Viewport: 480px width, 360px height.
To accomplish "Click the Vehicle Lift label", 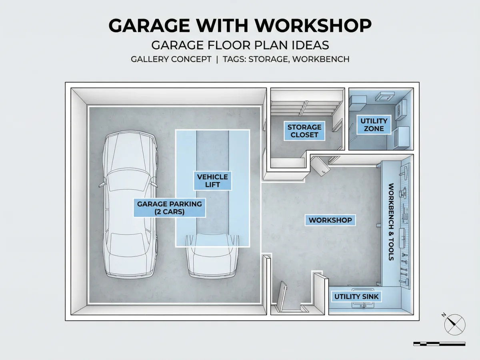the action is (212, 181).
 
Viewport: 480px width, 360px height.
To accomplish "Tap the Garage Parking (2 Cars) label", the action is (170, 208).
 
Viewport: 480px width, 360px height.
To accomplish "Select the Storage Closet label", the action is (304, 131).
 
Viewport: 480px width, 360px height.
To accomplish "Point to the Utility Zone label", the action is (374, 124).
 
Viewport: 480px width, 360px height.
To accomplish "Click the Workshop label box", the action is (330, 220).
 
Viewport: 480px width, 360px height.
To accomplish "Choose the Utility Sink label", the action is (356, 297).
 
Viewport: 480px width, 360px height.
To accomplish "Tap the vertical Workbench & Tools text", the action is (391, 222).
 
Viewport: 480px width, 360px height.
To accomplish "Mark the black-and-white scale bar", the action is (439, 344).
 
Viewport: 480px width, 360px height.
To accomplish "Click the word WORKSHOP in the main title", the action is (313, 26).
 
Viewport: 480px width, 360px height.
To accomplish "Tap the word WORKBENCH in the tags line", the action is (321, 59).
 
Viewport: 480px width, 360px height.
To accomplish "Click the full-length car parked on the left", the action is (130, 204).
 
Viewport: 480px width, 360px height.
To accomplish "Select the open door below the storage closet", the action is (320, 166).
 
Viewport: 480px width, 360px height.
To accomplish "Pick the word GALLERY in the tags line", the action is (149, 59).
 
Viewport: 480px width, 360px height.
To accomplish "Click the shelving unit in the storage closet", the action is (306, 108).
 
